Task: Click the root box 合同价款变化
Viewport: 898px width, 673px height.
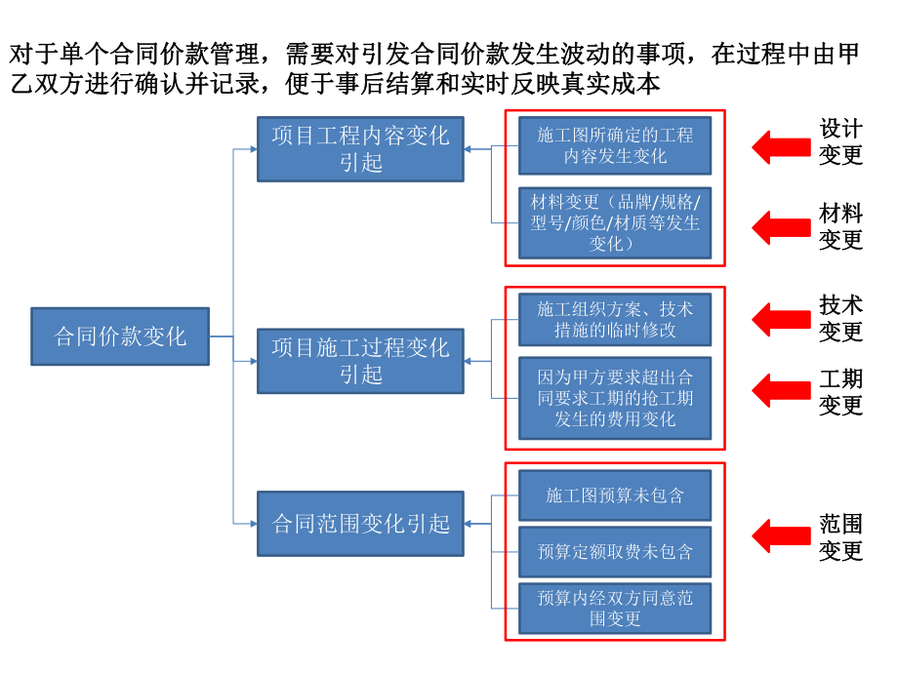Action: tap(120, 337)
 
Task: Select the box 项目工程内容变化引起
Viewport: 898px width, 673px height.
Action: tap(360, 149)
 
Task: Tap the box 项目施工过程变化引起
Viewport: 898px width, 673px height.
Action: tap(360, 361)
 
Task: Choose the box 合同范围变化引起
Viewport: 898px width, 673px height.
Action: tap(360, 524)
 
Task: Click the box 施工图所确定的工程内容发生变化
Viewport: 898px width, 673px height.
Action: tap(615, 145)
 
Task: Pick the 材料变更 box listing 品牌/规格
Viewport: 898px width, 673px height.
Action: tap(615, 222)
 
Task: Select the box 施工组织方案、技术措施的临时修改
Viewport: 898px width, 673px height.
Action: tap(615, 319)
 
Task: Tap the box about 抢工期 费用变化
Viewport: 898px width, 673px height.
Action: tap(615, 398)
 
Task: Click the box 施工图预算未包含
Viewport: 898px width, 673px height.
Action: tap(615, 495)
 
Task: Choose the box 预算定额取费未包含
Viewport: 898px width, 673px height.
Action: tap(615, 551)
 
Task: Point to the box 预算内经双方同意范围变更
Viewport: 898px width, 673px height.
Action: tap(615, 608)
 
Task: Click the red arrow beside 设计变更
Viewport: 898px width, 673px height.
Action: tap(781, 145)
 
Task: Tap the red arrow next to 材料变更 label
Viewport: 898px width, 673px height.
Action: tap(781, 227)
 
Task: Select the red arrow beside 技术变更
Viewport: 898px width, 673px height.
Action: tap(781, 318)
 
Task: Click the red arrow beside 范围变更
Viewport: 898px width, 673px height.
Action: tap(781, 534)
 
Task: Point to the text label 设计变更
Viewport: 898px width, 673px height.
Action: tap(840, 141)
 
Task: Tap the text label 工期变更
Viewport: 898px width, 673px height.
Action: tap(840, 392)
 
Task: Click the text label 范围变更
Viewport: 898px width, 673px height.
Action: tap(840, 537)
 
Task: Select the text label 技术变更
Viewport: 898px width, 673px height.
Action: tap(840, 318)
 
